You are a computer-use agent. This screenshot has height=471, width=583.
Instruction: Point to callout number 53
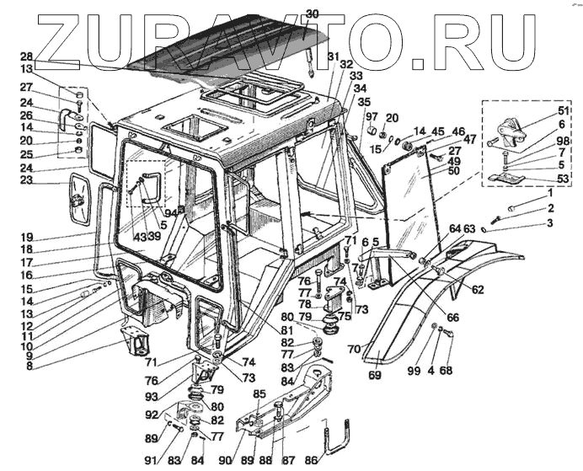(538, 179)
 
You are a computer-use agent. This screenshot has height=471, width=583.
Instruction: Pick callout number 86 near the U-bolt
(312, 460)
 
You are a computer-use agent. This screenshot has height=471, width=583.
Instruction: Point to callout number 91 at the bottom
(149, 460)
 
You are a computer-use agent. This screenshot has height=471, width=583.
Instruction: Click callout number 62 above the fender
(478, 290)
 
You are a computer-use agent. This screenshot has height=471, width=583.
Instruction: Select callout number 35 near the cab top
(340, 101)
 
